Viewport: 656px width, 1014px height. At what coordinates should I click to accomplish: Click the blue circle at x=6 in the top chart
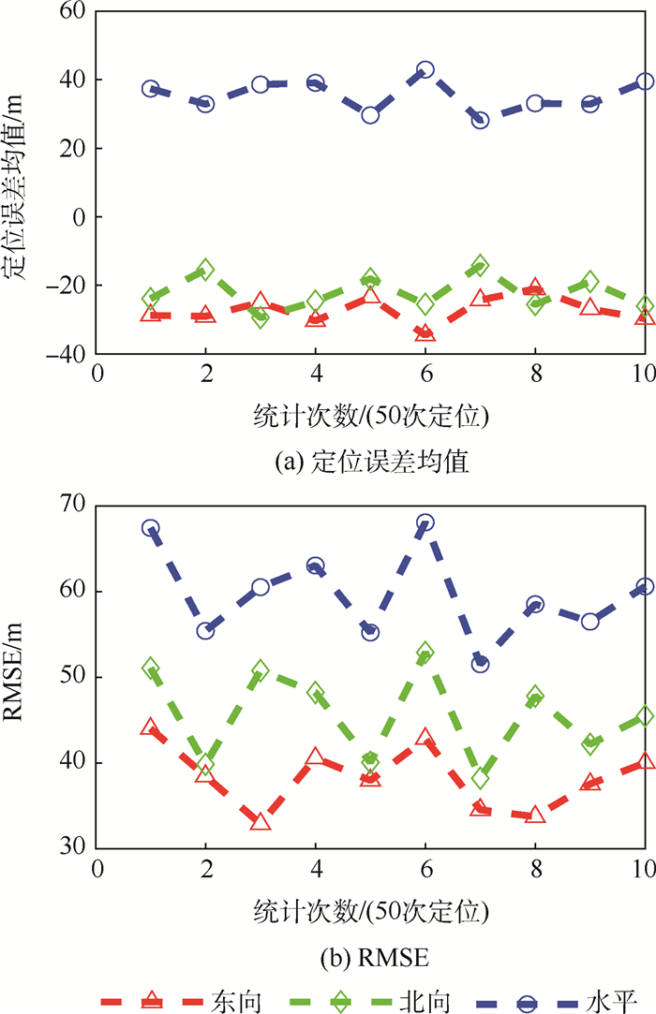point(425,70)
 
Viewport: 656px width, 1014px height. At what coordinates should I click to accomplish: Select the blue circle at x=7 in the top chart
point(480,120)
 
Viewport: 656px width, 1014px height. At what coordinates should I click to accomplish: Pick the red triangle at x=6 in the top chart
point(425,332)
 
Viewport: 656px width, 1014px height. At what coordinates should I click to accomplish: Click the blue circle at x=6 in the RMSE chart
point(425,522)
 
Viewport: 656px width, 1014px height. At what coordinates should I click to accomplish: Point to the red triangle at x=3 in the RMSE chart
point(261,822)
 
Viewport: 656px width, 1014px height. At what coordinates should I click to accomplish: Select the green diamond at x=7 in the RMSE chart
point(480,778)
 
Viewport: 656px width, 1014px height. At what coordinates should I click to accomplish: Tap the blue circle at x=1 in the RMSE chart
point(151,528)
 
